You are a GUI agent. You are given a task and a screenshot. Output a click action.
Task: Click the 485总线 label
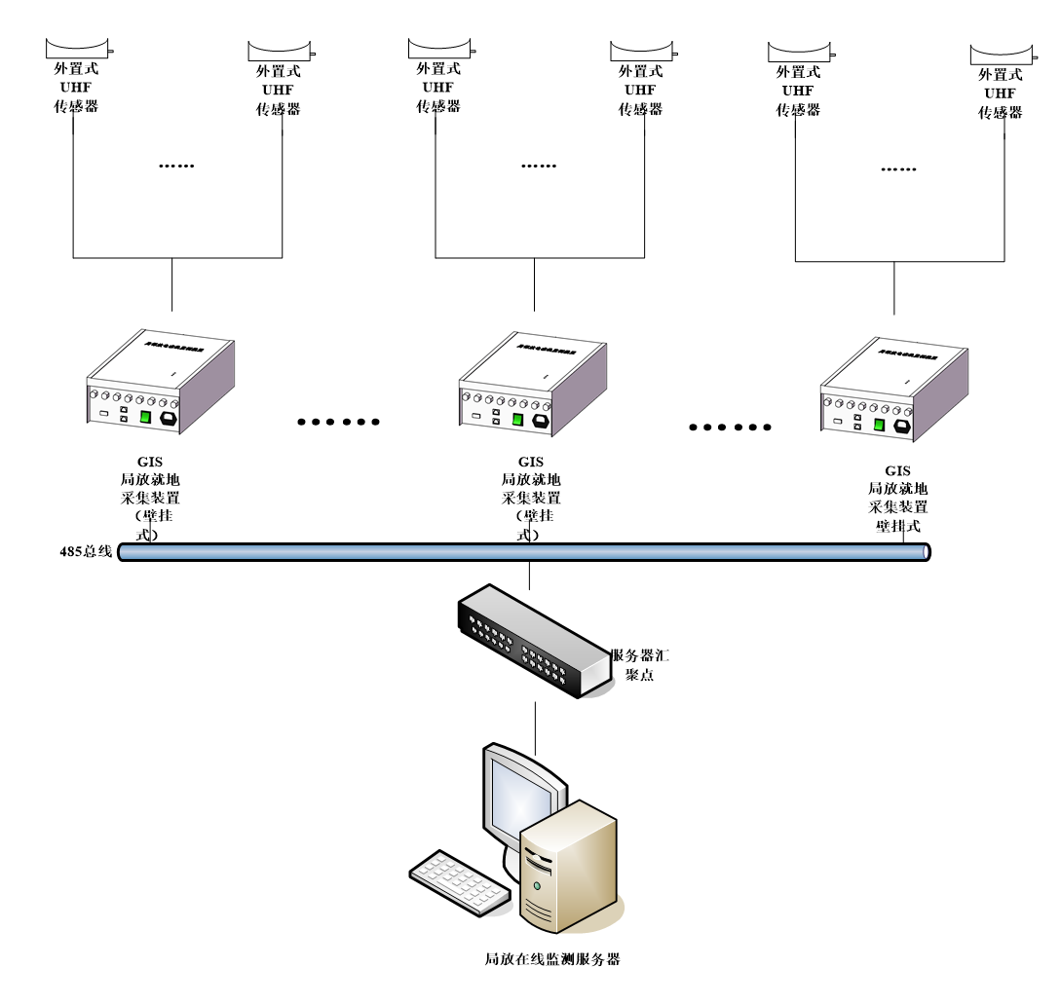point(86,552)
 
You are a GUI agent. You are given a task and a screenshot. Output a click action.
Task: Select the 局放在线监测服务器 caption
point(551,959)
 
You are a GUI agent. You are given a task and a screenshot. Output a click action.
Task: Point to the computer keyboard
point(459,881)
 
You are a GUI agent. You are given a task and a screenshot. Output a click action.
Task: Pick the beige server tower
point(569,867)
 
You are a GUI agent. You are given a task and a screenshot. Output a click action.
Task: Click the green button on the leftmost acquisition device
point(145,417)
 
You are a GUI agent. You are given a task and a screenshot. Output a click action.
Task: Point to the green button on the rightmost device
point(879,425)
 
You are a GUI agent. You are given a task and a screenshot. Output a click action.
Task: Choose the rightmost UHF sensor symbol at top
point(1002,53)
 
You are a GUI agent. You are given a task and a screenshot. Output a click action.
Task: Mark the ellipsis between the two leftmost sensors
point(177,166)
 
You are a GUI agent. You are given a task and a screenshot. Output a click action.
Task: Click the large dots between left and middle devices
point(337,422)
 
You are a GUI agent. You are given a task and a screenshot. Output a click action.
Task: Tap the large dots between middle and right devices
point(730,427)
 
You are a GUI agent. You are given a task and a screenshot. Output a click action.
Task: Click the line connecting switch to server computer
point(534,726)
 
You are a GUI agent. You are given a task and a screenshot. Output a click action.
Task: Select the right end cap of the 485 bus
point(926,552)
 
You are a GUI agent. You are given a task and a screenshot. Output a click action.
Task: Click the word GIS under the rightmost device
point(897,470)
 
